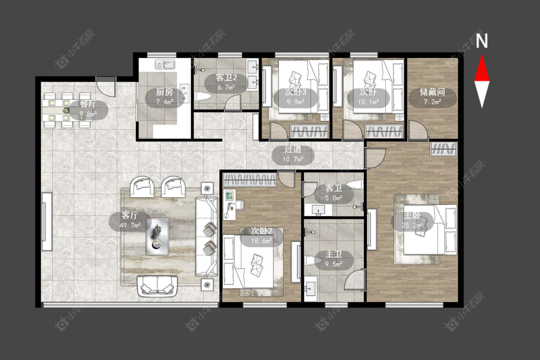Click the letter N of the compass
coord(482,41)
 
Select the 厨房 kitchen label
coord(164,92)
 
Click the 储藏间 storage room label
coord(432,92)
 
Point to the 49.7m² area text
coord(130,225)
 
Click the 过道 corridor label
coord(293,149)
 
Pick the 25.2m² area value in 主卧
coord(412,225)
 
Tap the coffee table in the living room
coord(157,236)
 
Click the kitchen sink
coord(165,64)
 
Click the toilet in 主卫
coord(312,260)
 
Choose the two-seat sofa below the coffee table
coord(157,286)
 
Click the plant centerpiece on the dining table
coord(66,110)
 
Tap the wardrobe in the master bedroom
coord(444,149)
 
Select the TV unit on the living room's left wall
coord(47,222)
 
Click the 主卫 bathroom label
coord(334,254)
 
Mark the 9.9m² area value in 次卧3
coord(296,102)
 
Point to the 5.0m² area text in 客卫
coord(334,198)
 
